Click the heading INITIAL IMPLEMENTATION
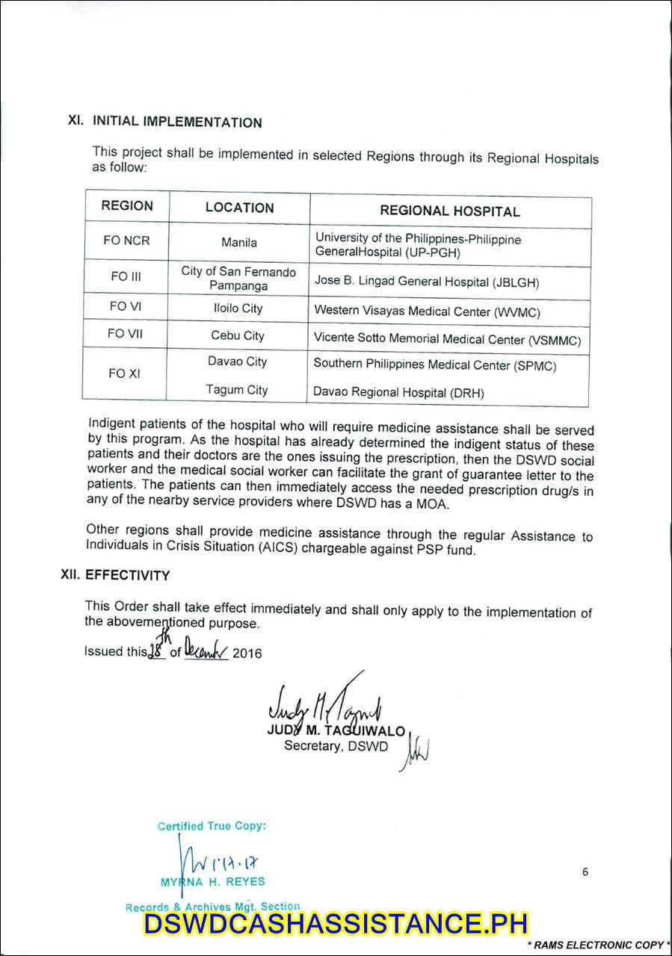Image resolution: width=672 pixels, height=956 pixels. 176,122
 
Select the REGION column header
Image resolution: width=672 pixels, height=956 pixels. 127,206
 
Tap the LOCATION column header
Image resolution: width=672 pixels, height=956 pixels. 239,208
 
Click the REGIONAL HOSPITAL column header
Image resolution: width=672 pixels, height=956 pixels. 449,211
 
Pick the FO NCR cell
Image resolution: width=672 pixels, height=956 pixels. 126,241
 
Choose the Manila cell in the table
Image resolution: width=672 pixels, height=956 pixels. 239,243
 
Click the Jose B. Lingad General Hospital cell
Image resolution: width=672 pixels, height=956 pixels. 426,282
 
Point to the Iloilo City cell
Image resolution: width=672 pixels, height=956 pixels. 238,308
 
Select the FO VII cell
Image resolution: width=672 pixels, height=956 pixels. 125,334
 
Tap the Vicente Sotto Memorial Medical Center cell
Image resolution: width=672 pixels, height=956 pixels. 447,339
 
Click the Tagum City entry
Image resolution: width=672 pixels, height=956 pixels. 237,390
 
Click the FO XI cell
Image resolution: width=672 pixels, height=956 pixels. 124,373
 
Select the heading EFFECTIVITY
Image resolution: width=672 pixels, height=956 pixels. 127,576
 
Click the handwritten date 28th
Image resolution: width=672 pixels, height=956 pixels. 157,646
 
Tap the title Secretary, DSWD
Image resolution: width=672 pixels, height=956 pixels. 336,746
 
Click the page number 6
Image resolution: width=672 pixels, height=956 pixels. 585,872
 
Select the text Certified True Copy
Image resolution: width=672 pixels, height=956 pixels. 212,826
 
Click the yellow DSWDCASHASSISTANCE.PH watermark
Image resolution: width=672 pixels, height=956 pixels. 336,924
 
